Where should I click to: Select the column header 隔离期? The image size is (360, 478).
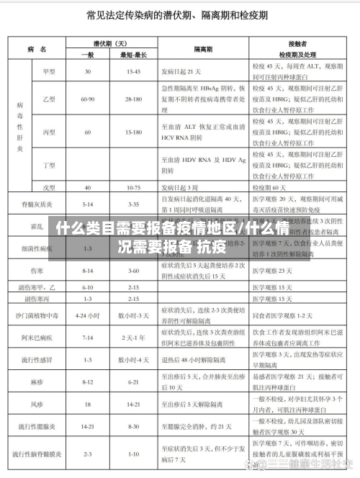click(x=202, y=49)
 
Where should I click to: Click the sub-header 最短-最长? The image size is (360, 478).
click(x=134, y=55)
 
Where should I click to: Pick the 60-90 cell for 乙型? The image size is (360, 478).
click(x=88, y=98)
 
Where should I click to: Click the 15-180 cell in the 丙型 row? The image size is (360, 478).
click(x=134, y=132)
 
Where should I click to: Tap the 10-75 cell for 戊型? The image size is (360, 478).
click(x=134, y=186)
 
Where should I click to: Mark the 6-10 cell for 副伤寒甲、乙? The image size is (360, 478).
click(x=88, y=287)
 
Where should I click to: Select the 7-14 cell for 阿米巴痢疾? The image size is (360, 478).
click(x=88, y=337)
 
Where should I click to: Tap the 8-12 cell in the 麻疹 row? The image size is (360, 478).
click(x=88, y=382)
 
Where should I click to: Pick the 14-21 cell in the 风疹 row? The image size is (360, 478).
click(x=134, y=405)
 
